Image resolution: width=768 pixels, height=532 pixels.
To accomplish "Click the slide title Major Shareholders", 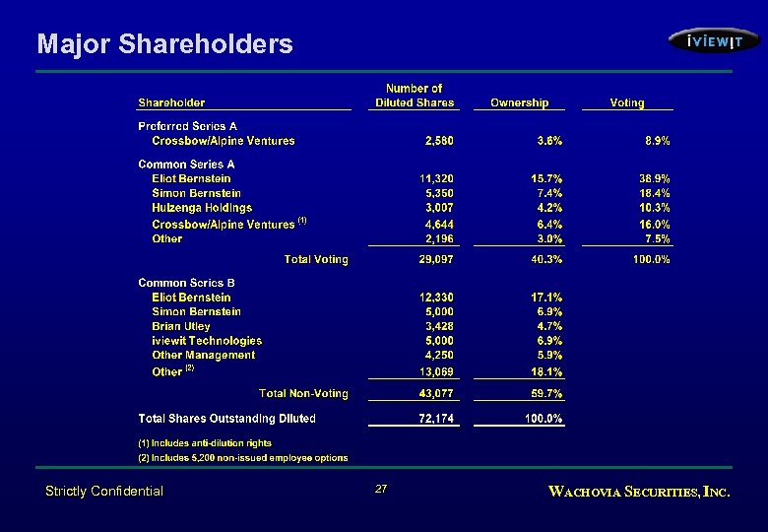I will point(164,44).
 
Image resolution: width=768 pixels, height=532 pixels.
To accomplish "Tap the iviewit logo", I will point(714,41).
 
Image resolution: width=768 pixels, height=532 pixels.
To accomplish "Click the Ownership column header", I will point(519,102).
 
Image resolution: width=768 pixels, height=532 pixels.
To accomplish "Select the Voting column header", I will point(627,102).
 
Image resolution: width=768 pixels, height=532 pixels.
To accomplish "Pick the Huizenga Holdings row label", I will point(202,208).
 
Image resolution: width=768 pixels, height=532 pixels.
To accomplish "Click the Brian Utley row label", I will point(181,326).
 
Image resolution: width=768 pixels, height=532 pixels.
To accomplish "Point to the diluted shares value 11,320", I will point(436,178).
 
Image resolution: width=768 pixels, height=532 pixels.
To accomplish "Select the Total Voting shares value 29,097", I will point(436,259).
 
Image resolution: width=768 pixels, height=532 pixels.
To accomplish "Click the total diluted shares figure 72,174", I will point(436,419).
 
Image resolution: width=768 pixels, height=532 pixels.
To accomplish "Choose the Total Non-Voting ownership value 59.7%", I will point(546,394).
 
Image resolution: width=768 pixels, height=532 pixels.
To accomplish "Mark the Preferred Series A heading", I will point(187,126).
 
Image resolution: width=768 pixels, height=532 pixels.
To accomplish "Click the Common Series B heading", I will point(186,283).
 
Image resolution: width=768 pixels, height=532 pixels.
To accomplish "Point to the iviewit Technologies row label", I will point(207,341).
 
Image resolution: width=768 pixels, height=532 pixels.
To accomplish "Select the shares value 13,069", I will point(436,371).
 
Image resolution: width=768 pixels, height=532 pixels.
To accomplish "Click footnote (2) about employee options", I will point(242,458).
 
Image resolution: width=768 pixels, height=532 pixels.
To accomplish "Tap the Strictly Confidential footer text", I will point(104,491).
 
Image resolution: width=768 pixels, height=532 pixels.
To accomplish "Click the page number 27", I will point(382,489).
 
